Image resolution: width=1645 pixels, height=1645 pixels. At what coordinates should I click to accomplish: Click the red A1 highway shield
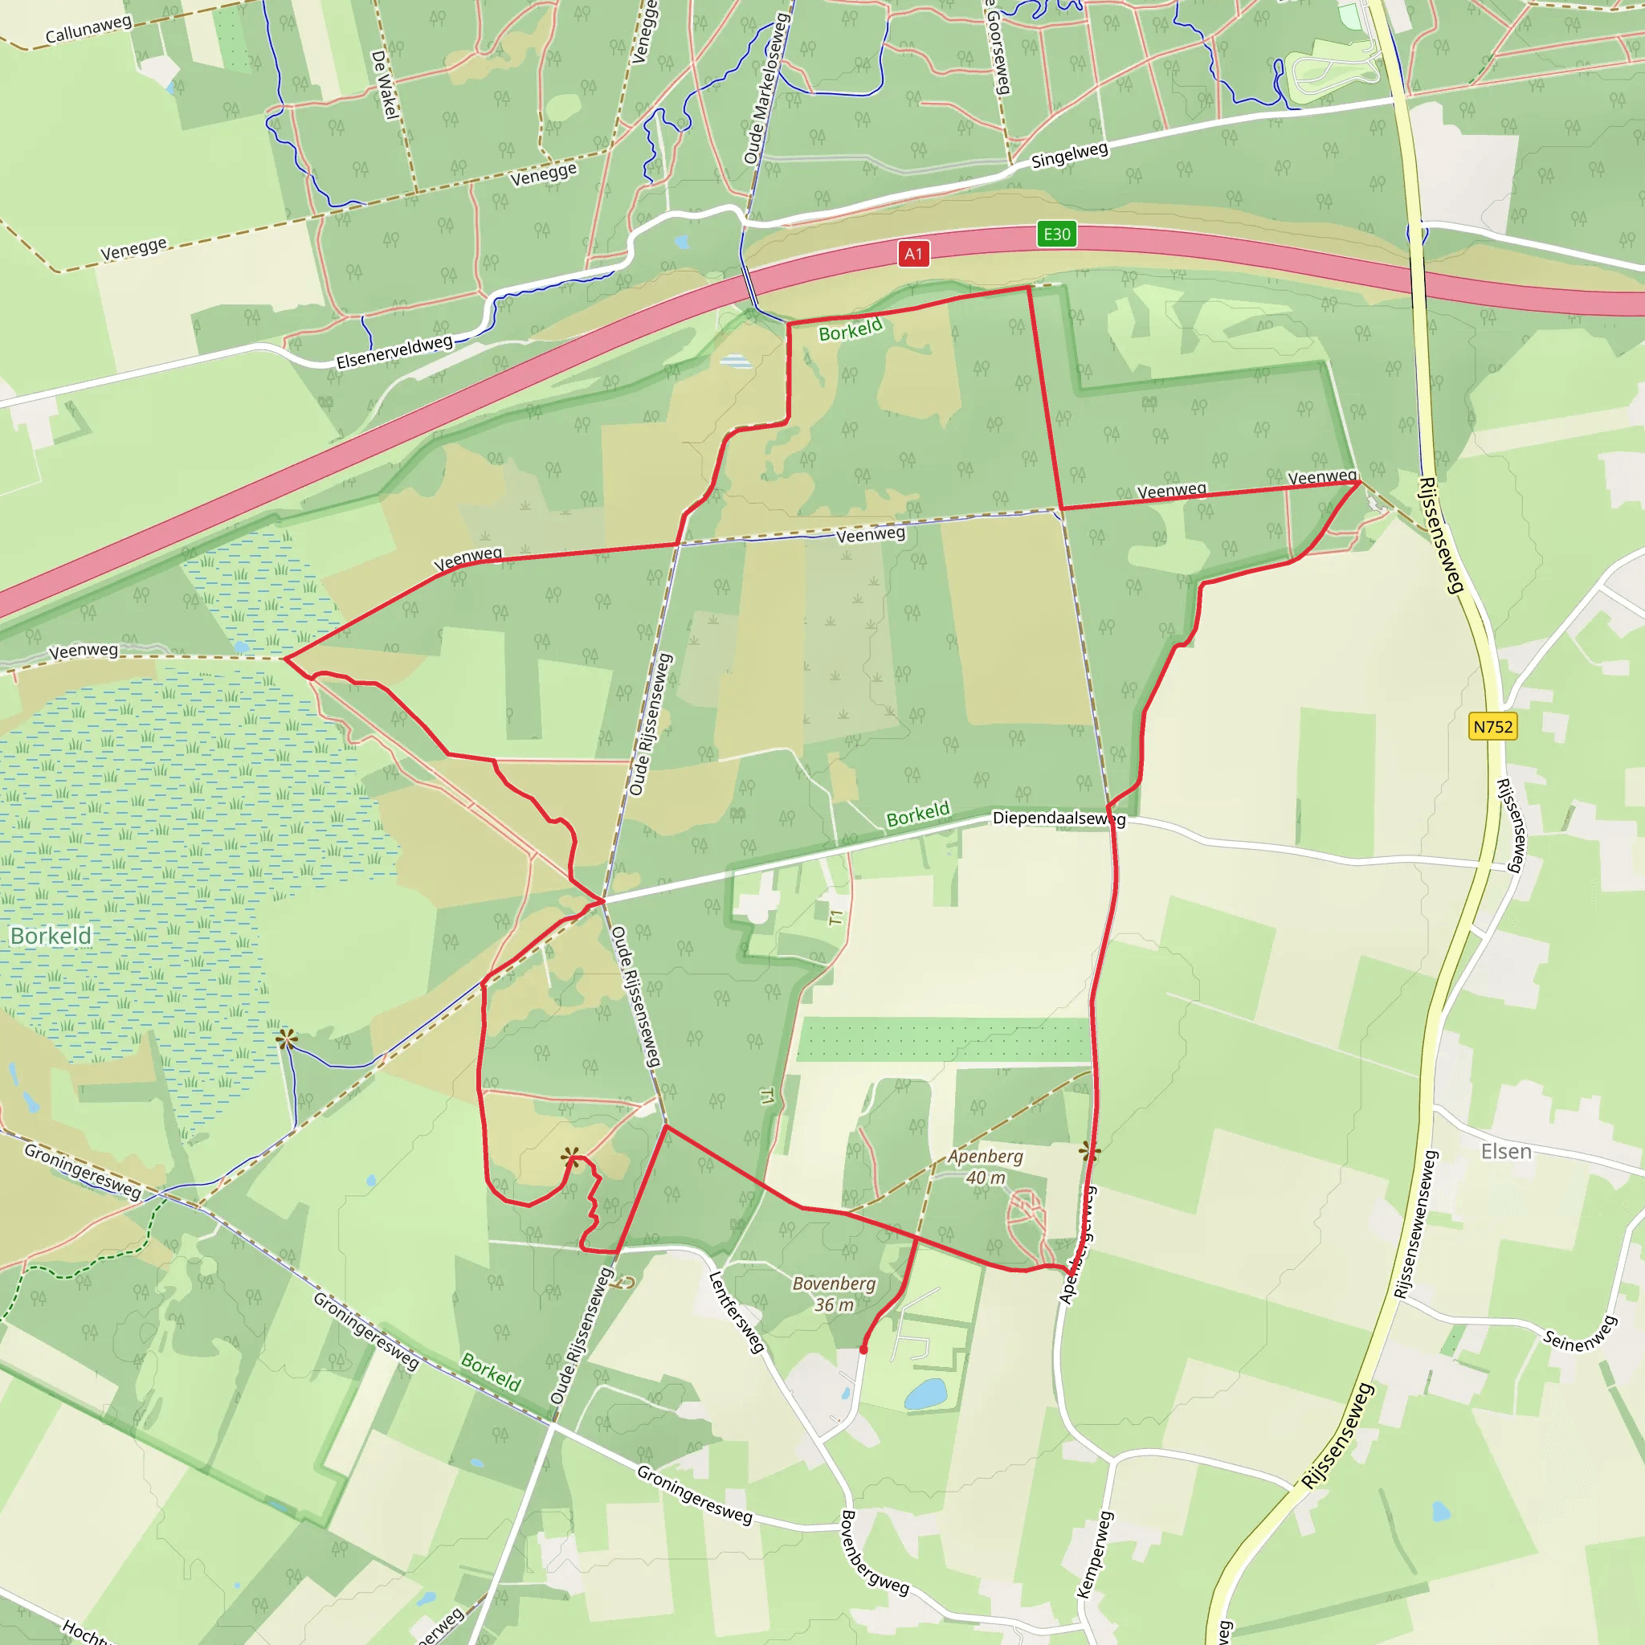(x=912, y=254)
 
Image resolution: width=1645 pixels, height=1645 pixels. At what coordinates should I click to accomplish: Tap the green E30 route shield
(x=1057, y=235)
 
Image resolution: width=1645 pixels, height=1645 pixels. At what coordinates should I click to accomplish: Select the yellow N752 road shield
(x=1492, y=726)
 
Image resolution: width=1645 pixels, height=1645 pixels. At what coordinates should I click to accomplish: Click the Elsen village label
(x=1505, y=1152)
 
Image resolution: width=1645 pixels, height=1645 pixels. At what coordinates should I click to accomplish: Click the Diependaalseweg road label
(x=1059, y=818)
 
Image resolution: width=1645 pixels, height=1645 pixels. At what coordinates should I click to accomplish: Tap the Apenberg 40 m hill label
(x=985, y=1167)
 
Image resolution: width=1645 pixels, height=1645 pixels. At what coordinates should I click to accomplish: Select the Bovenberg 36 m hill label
(x=834, y=1294)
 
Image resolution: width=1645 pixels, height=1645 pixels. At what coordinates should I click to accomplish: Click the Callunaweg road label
(x=88, y=29)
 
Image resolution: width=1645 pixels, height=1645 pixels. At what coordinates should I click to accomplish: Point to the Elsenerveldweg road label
(x=394, y=352)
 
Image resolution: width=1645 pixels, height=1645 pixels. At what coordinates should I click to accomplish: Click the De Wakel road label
(x=385, y=84)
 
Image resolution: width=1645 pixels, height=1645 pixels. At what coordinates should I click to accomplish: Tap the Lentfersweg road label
(x=736, y=1312)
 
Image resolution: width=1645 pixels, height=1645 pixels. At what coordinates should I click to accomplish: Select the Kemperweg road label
(x=1094, y=1554)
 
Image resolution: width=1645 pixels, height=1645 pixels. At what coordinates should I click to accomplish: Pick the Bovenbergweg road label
(x=874, y=1552)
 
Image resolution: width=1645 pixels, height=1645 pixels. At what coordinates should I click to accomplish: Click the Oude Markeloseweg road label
(x=766, y=88)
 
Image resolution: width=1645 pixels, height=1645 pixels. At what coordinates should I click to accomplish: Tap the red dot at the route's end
(x=863, y=1349)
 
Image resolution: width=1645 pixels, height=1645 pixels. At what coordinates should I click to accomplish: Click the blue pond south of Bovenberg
(x=925, y=1394)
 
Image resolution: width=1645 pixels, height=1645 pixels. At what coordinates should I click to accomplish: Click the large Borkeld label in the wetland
(x=51, y=937)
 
